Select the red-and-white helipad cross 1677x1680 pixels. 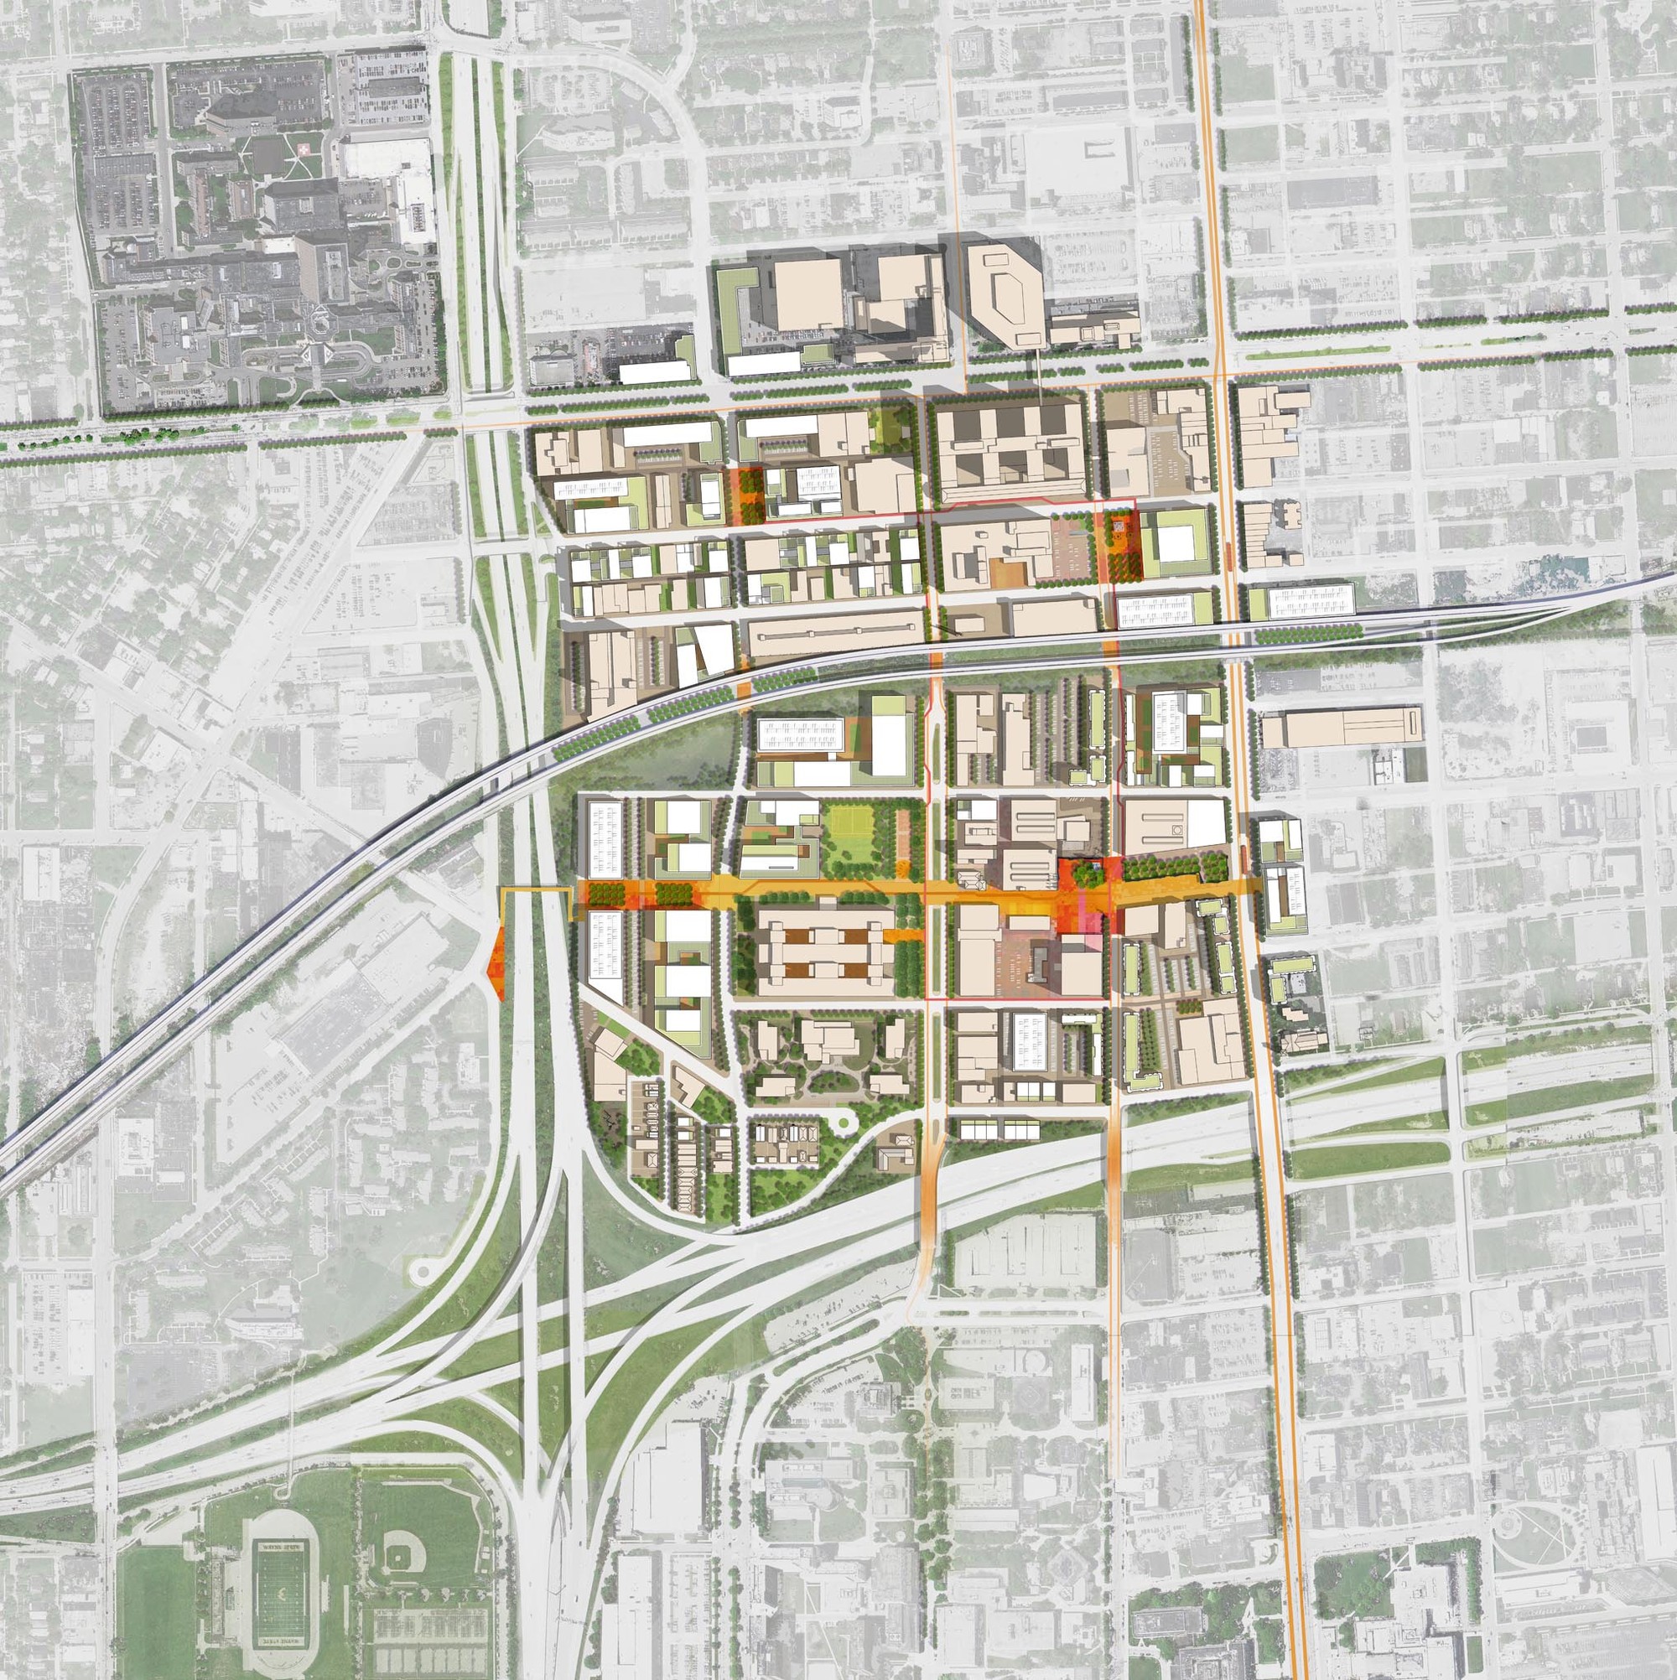click(x=304, y=149)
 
